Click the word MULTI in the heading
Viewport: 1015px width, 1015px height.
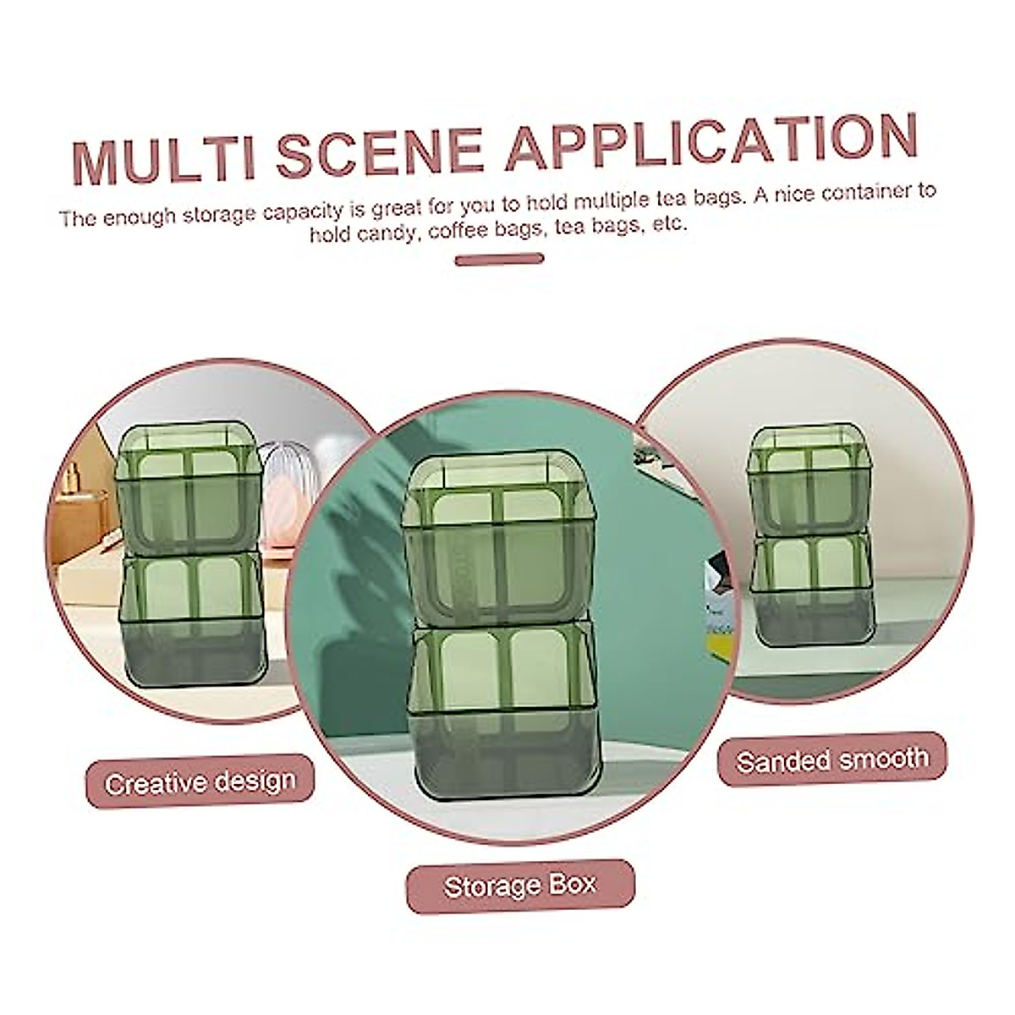[162, 161]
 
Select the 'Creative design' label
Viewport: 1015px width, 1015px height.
[200, 782]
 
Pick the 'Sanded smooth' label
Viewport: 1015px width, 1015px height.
[832, 760]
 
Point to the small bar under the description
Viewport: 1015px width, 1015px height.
[498, 259]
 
